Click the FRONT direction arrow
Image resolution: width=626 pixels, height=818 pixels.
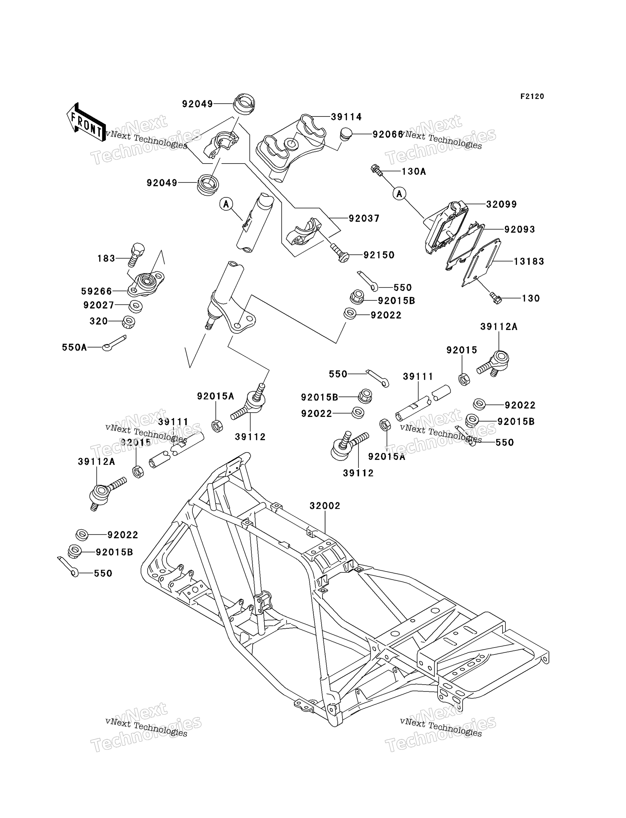[86, 122]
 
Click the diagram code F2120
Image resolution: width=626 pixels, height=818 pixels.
[532, 96]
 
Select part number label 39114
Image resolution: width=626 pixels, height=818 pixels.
[346, 117]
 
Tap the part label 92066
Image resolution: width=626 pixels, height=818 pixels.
[388, 134]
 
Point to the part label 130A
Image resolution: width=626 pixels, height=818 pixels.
[414, 172]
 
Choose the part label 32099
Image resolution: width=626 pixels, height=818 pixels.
[501, 204]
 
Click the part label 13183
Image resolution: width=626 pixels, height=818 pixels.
[529, 261]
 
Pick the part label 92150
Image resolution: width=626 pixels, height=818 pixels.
[379, 255]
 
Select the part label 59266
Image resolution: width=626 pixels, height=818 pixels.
[97, 291]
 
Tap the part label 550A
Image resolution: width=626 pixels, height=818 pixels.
[75, 348]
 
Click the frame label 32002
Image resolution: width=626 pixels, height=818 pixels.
[325, 506]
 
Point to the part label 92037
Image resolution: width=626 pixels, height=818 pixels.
[364, 218]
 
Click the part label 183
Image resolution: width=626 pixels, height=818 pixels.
[106, 258]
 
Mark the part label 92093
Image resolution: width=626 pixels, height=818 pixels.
[520, 229]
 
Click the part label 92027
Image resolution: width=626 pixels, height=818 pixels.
[99, 305]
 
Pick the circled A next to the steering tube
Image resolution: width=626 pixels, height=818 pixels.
[226, 204]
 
